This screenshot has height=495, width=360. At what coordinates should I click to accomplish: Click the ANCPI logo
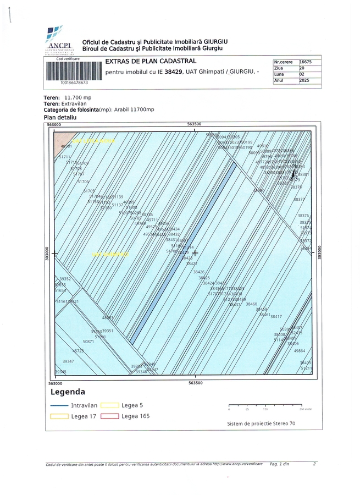click(x=57, y=41)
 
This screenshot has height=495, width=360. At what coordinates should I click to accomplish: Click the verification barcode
click(x=74, y=71)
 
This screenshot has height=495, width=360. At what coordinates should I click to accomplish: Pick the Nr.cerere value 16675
click(x=305, y=62)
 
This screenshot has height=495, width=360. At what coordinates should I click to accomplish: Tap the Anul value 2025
click(x=305, y=80)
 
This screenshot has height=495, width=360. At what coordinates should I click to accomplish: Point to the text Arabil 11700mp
click(x=134, y=109)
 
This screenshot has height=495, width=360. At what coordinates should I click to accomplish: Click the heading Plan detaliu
click(x=60, y=117)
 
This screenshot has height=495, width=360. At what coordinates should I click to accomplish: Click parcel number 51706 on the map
click(x=82, y=181)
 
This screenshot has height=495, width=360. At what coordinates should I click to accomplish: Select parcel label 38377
click(x=300, y=200)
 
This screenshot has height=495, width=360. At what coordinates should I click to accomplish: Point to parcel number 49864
click(x=300, y=350)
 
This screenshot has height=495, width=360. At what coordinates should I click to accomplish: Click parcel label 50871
click(x=88, y=342)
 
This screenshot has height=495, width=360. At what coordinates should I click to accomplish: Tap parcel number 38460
click(x=251, y=304)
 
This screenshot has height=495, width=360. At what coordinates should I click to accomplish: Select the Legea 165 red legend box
click(x=109, y=416)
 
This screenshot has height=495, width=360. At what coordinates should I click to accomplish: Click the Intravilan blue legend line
click(x=58, y=405)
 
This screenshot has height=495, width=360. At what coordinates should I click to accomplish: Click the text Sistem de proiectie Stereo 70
click(x=261, y=424)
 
